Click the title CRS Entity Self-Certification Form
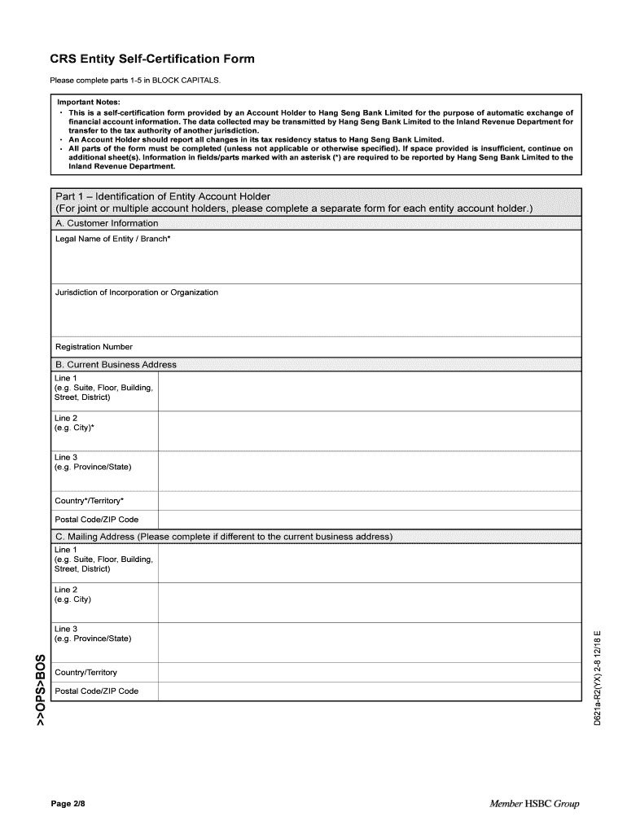(x=152, y=59)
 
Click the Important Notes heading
(x=87, y=102)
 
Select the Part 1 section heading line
(x=162, y=196)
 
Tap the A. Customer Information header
(x=107, y=223)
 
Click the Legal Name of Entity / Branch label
(x=112, y=239)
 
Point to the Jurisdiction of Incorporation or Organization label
(x=136, y=292)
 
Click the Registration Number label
(x=94, y=347)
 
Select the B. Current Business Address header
(x=116, y=364)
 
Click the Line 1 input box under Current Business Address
(x=369, y=392)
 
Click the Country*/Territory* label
(x=90, y=500)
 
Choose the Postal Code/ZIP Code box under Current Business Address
(x=369, y=520)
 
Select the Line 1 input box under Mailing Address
(x=369, y=564)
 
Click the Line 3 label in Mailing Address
(x=66, y=629)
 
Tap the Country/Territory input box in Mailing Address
(x=369, y=672)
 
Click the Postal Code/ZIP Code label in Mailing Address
(x=96, y=691)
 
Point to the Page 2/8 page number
(x=68, y=804)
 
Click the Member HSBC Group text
(x=534, y=804)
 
